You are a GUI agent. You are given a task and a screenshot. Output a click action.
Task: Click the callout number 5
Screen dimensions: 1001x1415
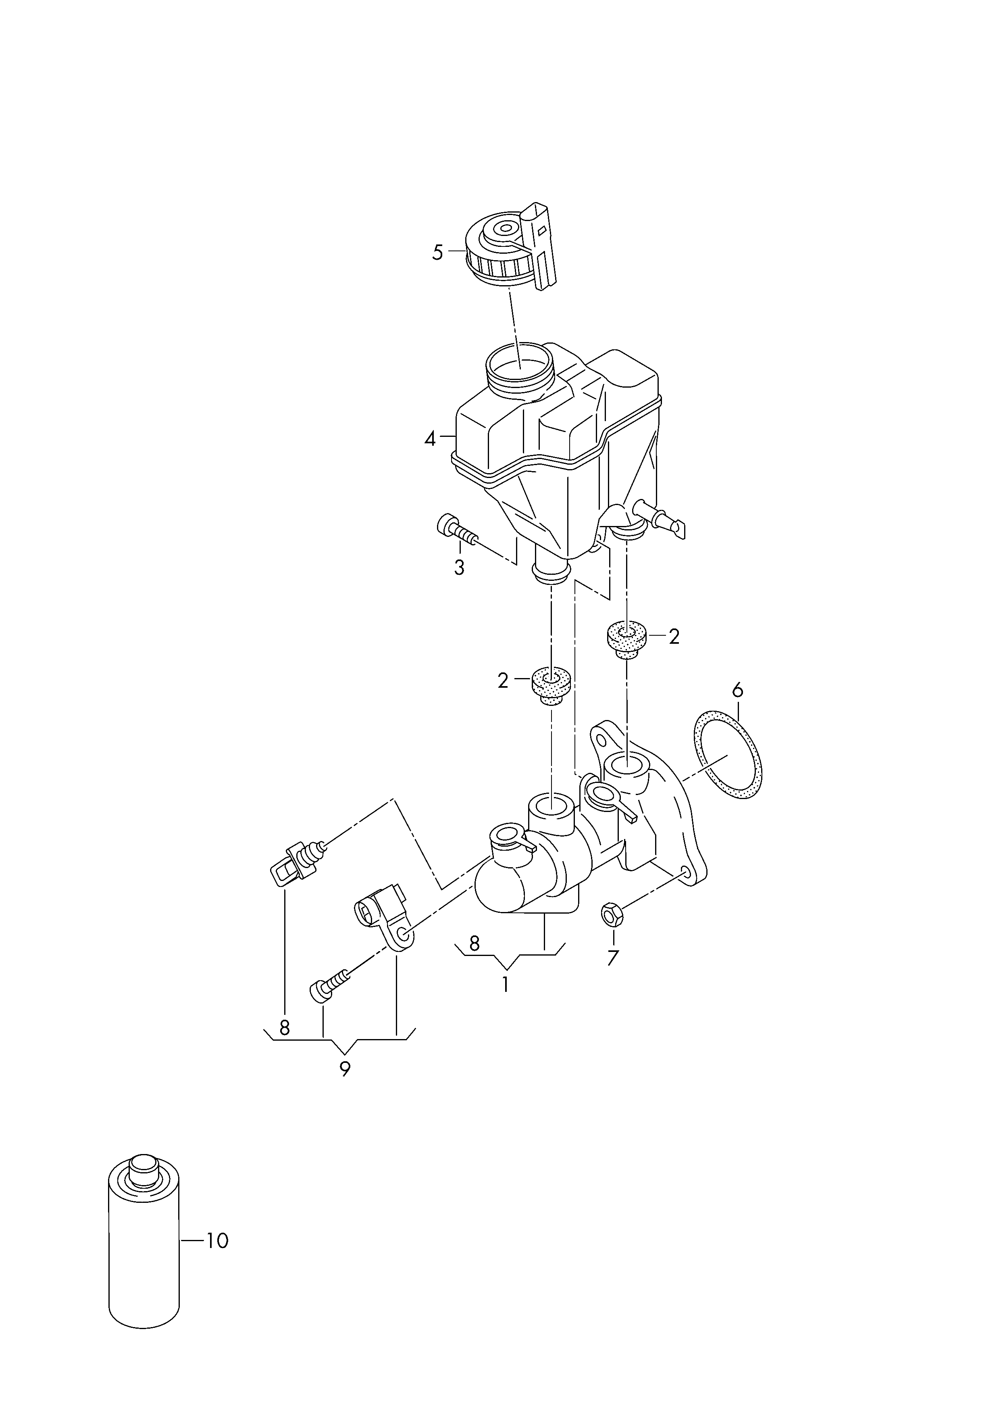pyautogui.click(x=438, y=253)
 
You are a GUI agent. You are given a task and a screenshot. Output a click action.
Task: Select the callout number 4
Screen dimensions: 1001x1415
pyautogui.click(x=430, y=439)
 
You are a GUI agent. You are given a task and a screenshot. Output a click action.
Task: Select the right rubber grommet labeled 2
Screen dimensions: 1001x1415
pyautogui.click(x=626, y=641)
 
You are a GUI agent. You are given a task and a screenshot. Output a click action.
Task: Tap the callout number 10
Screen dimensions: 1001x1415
pyautogui.click(x=217, y=1240)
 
